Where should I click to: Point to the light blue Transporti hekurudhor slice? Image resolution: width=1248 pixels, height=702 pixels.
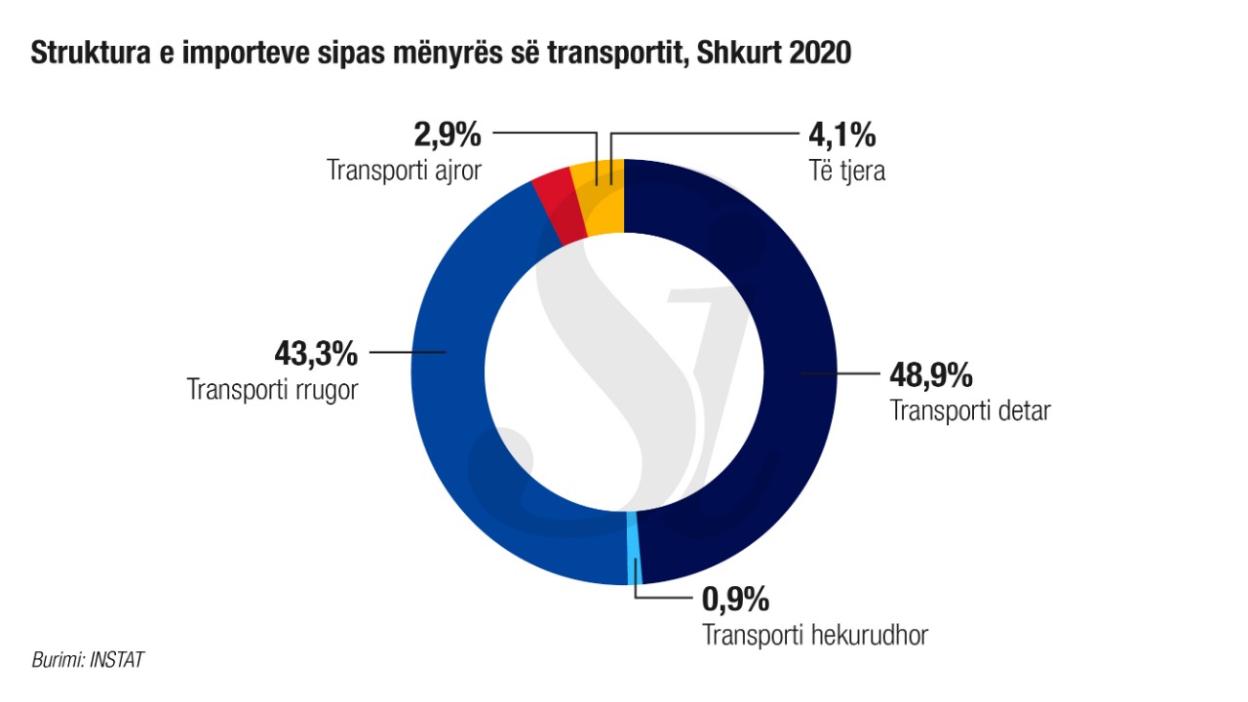(634, 546)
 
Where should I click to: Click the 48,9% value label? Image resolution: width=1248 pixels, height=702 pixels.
(930, 375)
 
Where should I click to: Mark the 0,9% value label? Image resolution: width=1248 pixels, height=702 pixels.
(736, 597)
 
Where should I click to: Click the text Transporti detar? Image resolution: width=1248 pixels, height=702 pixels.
(970, 410)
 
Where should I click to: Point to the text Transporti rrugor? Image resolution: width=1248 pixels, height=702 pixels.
(273, 390)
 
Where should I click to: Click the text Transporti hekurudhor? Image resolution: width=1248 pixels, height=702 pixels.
(815, 635)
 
